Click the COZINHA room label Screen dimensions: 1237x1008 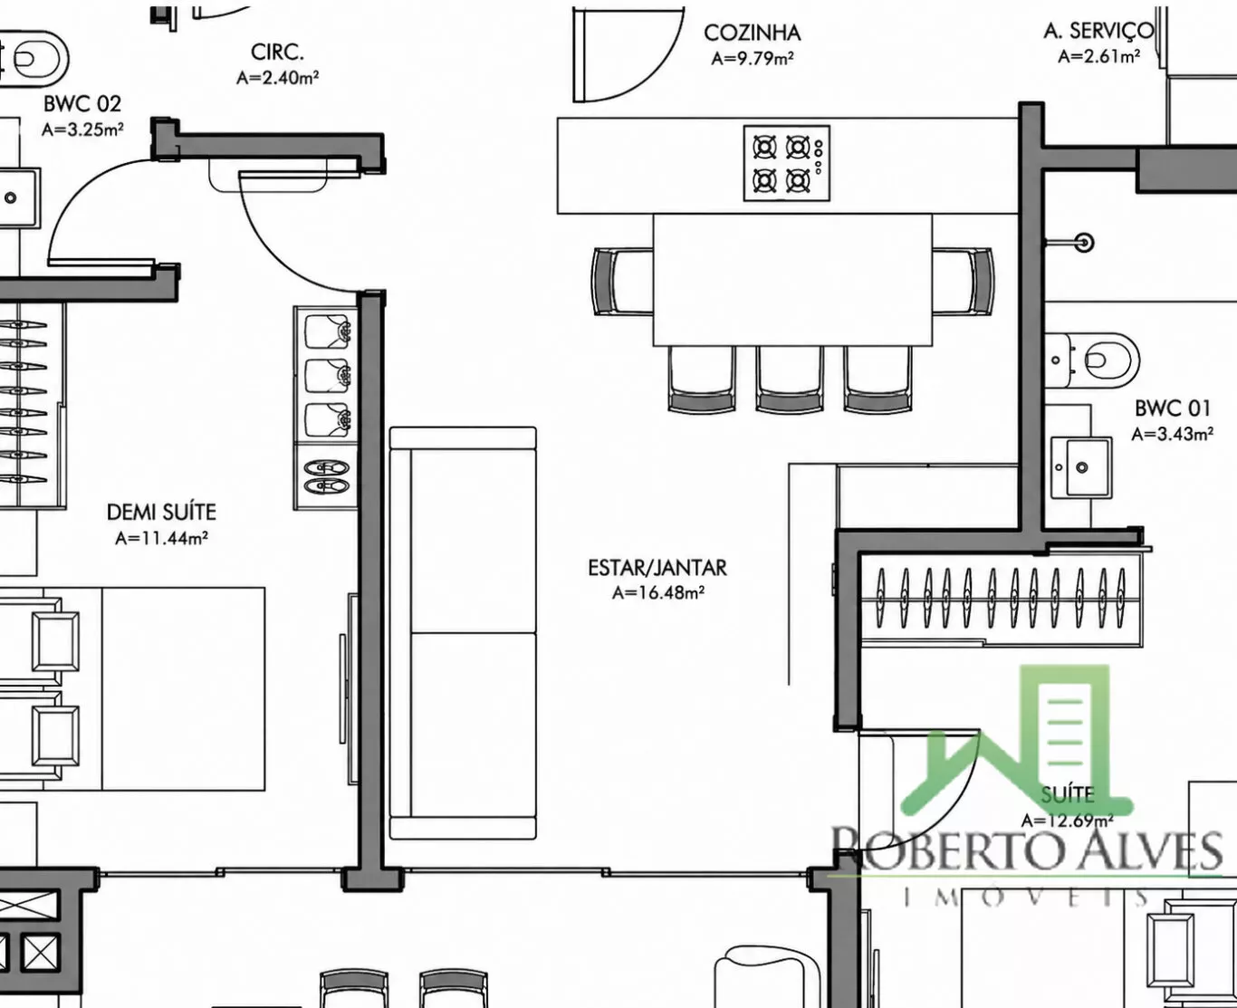(x=753, y=34)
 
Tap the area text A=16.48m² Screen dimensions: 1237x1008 (x=658, y=593)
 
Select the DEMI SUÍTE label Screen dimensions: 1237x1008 (x=161, y=512)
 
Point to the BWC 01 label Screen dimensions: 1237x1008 (x=1173, y=408)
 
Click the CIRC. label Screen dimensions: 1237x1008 (x=277, y=53)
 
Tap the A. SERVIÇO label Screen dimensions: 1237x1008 (x=1098, y=31)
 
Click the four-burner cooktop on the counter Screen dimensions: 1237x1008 (x=786, y=163)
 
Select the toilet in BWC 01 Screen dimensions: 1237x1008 (x=1092, y=360)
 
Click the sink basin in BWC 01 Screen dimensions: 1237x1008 (x=1081, y=466)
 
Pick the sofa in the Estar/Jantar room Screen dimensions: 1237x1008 (x=463, y=633)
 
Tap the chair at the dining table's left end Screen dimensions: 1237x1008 (x=622, y=282)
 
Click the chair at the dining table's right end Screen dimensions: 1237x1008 (x=963, y=282)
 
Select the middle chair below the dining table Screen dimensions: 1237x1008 (x=790, y=379)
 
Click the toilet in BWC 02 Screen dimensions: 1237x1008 (x=34, y=58)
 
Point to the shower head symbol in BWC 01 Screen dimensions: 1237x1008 (x=1084, y=242)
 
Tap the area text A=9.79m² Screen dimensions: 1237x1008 (x=753, y=59)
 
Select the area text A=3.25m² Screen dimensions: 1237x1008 (x=82, y=130)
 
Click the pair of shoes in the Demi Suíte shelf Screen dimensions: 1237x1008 (x=325, y=476)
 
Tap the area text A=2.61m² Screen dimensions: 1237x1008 (x=1098, y=56)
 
